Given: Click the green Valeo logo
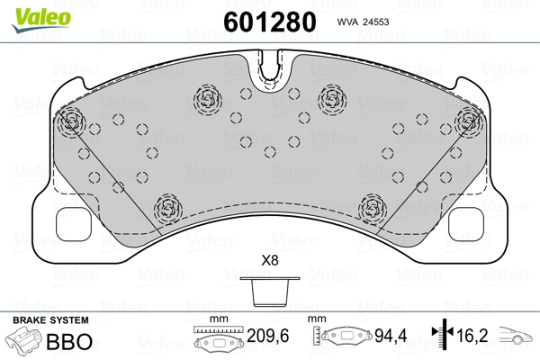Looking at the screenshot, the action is pos(41,20).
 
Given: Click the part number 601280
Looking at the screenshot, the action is pos(270,22).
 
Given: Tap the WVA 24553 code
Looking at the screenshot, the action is pos(363,22).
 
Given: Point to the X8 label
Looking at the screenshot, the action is pos(270,260).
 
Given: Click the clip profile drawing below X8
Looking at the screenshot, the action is pos(270,292).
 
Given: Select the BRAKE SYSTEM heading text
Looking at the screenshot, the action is pos(50,320).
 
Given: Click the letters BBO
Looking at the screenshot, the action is pos(69,341).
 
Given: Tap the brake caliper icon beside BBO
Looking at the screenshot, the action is pos(24,340).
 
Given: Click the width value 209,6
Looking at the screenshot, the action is pos(268,336).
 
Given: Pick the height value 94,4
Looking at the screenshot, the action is pos(391,336).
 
